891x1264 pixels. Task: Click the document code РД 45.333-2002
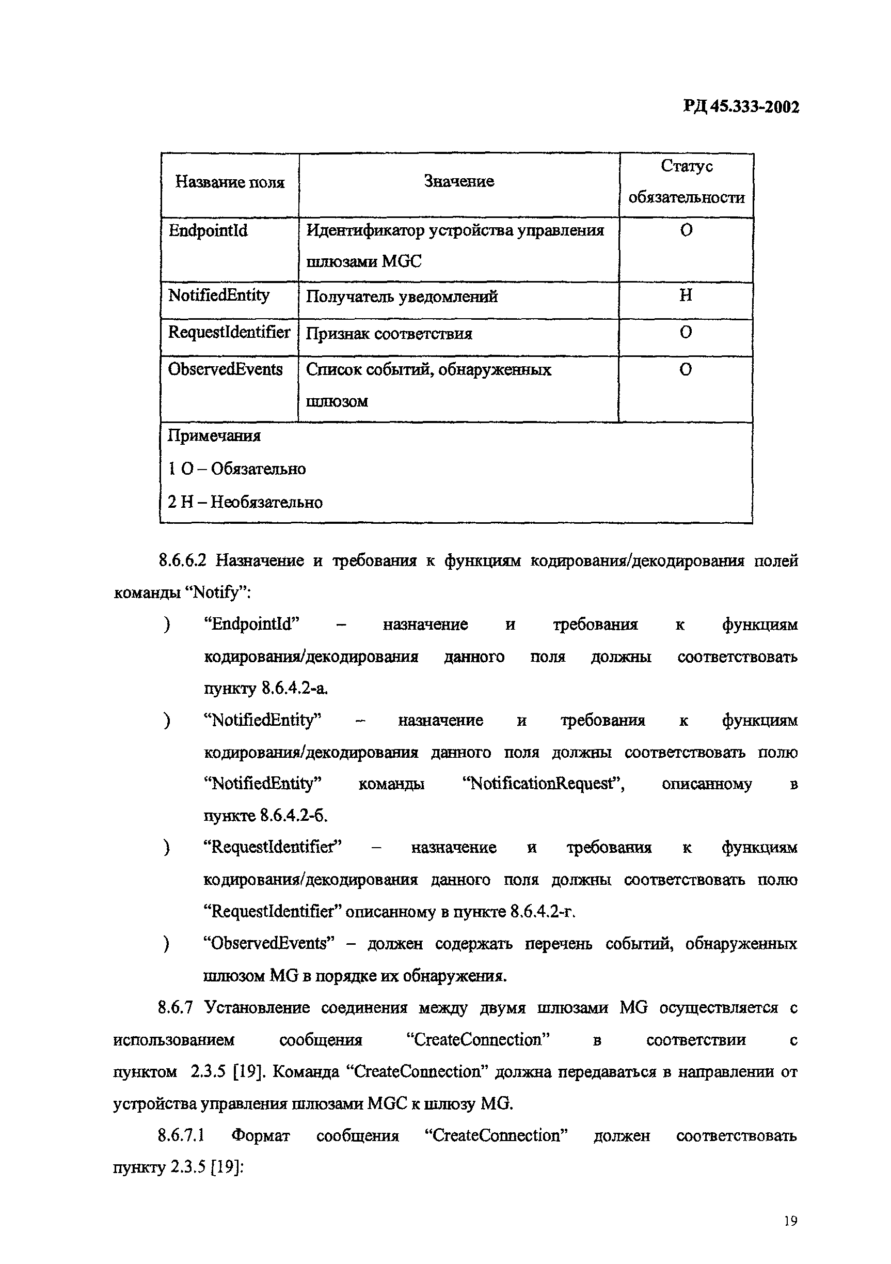[741, 106]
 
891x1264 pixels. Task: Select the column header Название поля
[230, 182]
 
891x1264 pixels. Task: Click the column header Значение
[458, 182]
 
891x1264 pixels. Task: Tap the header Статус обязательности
[686, 182]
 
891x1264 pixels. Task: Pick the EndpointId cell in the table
[208, 231]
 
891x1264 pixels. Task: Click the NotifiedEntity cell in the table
[218, 295]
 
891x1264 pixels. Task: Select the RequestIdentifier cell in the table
[229, 333]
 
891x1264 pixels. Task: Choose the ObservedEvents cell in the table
[225, 369]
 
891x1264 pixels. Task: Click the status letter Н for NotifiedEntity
[685, 295]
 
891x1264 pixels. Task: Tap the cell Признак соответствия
[389, 334]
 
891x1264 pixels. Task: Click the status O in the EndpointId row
[686, 230]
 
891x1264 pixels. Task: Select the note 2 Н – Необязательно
[245, 502]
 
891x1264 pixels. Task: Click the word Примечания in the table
[214, 436]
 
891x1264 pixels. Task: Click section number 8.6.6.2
[182, 561]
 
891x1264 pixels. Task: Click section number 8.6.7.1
[181, 1136]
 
